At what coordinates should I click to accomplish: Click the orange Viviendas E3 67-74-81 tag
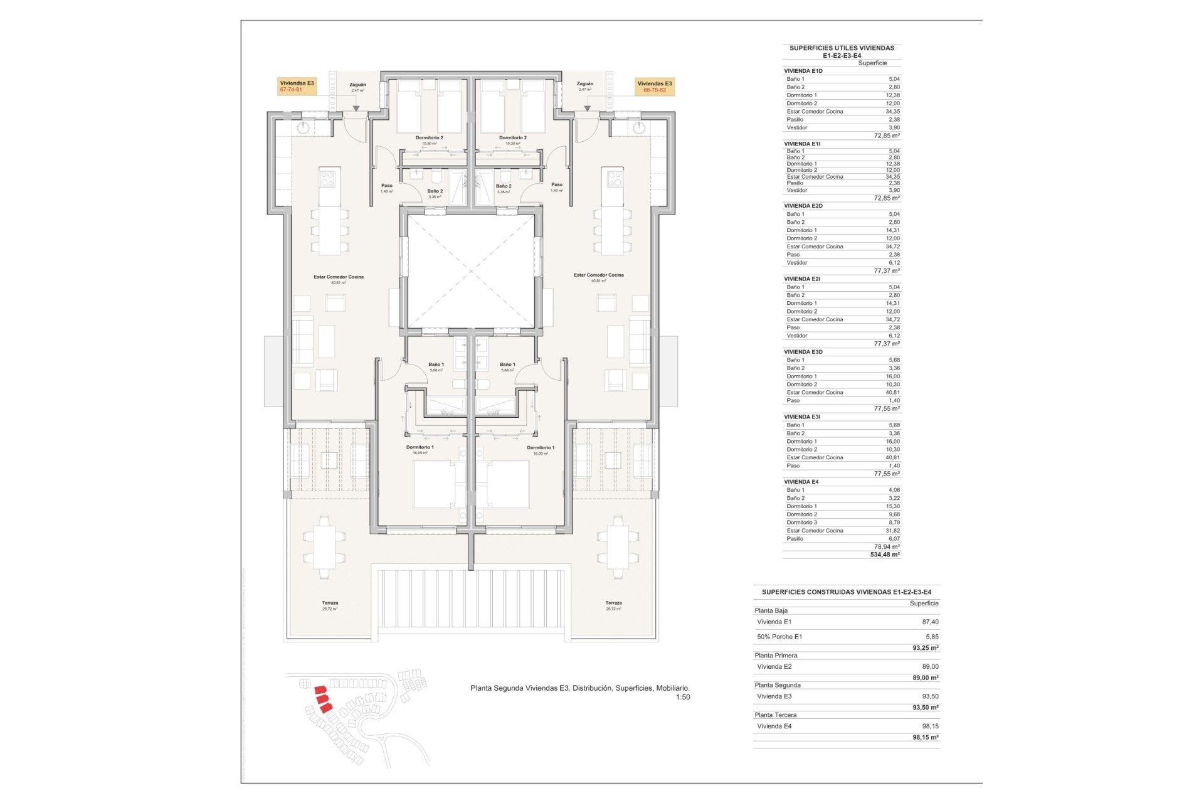point(297,87)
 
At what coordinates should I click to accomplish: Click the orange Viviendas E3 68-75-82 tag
point(655,87)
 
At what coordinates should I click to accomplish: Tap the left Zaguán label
point(357,85)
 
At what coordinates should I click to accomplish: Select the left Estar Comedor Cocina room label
point(339,277)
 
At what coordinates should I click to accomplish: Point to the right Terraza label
point(613,603)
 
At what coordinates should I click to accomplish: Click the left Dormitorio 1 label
point(420,447)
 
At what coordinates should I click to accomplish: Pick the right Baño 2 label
point(503,186)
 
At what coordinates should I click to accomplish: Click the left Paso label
point(387,186)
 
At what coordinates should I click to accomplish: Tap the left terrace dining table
point(324,546)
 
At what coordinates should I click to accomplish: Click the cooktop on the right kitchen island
point(614,178)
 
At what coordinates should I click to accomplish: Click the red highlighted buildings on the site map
point(322,698)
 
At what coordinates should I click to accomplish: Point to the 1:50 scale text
point(682,697)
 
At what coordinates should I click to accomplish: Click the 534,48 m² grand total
point(885,555)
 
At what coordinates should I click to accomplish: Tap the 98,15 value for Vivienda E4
point(930,726)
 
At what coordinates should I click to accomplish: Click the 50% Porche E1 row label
point(779,637)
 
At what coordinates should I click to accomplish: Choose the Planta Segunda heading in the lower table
point(778,685)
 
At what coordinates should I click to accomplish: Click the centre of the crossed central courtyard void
point(472,272)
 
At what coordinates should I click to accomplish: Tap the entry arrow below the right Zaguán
point(588,109)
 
